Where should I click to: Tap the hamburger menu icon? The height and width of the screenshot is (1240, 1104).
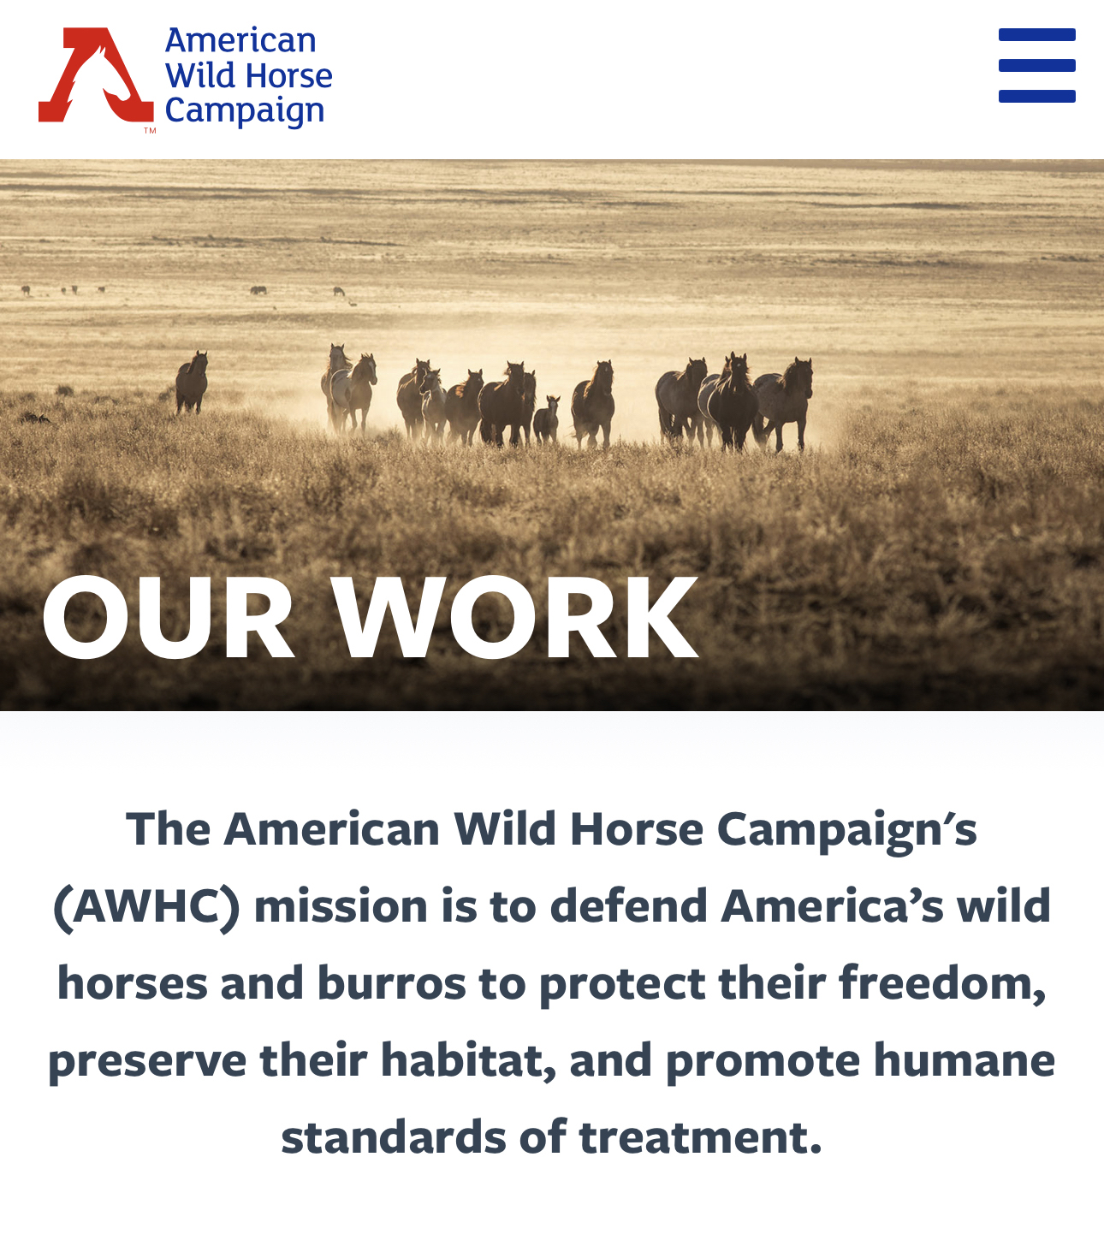[x=1036, y=66]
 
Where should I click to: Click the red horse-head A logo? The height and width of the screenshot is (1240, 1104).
[x=96, y=74]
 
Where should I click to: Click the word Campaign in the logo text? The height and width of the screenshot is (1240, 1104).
[x=244, y=110]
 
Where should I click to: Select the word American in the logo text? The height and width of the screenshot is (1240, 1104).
[x=240, y=41]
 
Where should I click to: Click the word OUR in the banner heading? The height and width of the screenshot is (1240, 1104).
[x=168, y=617]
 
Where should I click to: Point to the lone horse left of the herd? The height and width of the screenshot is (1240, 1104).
[x=192, y=382]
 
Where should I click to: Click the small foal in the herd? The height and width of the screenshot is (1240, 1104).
[x=546, y=419]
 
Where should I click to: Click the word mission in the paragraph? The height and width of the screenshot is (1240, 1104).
[x=341, y=908]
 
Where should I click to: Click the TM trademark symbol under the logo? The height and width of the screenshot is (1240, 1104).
[x=150, y=130]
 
